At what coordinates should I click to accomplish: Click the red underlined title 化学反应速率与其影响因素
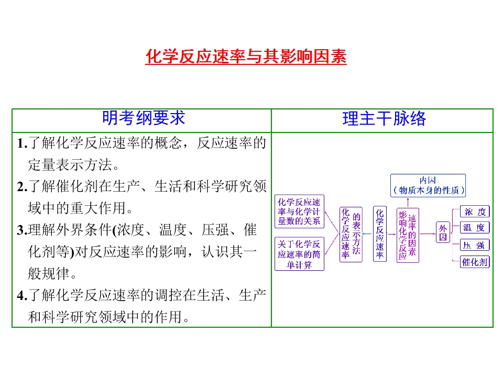246,57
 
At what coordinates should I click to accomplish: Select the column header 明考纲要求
144,118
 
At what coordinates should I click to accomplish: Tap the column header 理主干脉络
384,118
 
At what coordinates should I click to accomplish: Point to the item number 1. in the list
22,143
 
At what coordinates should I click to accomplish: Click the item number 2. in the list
22,186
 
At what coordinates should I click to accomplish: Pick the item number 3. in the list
22,230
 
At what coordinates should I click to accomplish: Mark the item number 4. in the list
22,295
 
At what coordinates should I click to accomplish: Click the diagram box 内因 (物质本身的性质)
428,185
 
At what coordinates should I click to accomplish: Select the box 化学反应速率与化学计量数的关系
299,212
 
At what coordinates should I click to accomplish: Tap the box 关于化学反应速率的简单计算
299,254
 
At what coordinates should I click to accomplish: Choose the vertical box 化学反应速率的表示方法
351,235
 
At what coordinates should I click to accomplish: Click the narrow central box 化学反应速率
380,234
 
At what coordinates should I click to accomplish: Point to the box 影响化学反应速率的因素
408,235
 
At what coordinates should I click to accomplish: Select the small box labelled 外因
443,232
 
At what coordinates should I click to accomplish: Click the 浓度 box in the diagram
475,212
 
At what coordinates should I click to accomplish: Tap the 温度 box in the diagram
475,228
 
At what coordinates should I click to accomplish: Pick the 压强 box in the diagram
475,245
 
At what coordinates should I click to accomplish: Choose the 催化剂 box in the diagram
475,262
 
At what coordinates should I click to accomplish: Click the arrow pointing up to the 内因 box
408,202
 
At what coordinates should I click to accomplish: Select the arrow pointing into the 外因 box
428,234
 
